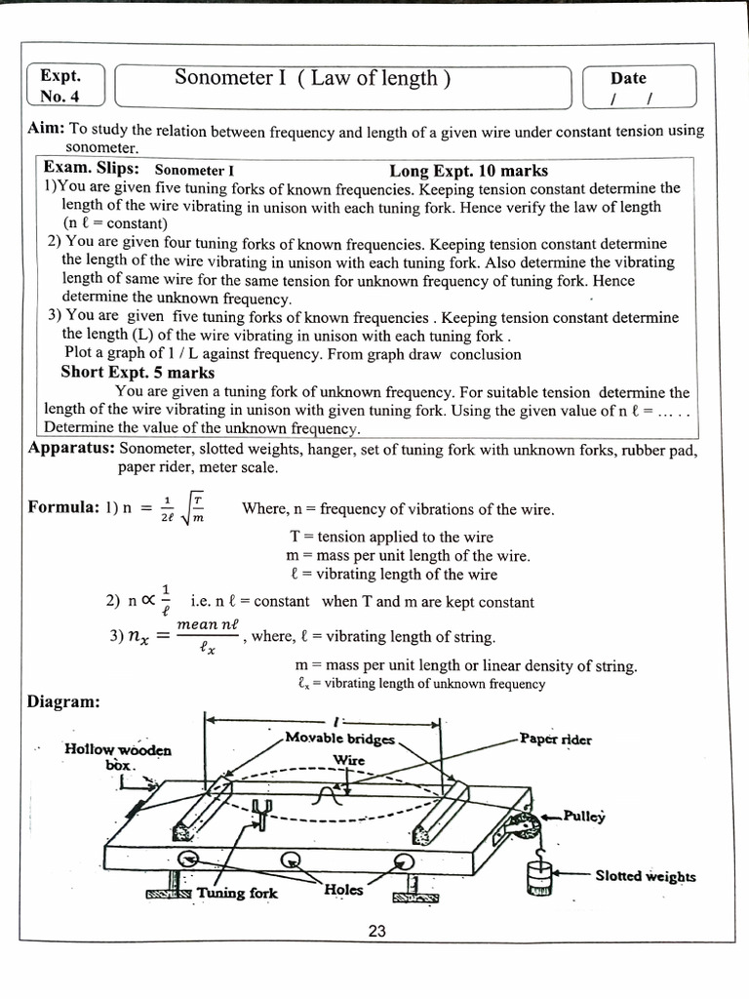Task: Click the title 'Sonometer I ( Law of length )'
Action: pos(312,79)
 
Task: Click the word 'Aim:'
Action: pos(47,131)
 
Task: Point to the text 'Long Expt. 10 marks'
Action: pos(468,171)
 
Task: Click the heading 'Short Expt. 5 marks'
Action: pos(138,373)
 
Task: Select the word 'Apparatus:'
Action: pos(72,449)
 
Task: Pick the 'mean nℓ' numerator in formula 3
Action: pos(208,622)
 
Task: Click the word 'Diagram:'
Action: pos(62,701)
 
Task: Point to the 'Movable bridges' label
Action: pos(339,739)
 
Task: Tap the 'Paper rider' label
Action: pos(555,739)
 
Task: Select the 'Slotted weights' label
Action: pos(645,876)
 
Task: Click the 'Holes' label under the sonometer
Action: pos(343,890)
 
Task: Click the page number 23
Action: pos(377,932)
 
